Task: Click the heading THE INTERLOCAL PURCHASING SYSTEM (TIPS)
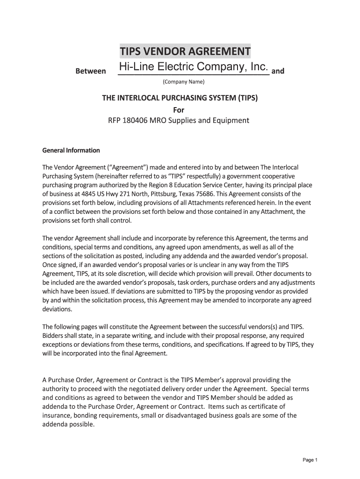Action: (x=180, y=98)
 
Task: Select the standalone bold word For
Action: (x=180, y=109)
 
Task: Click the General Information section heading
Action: (x=71, y=151)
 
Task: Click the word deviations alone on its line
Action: (x=58, y=309)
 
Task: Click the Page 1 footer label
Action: (x=310, y=460)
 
